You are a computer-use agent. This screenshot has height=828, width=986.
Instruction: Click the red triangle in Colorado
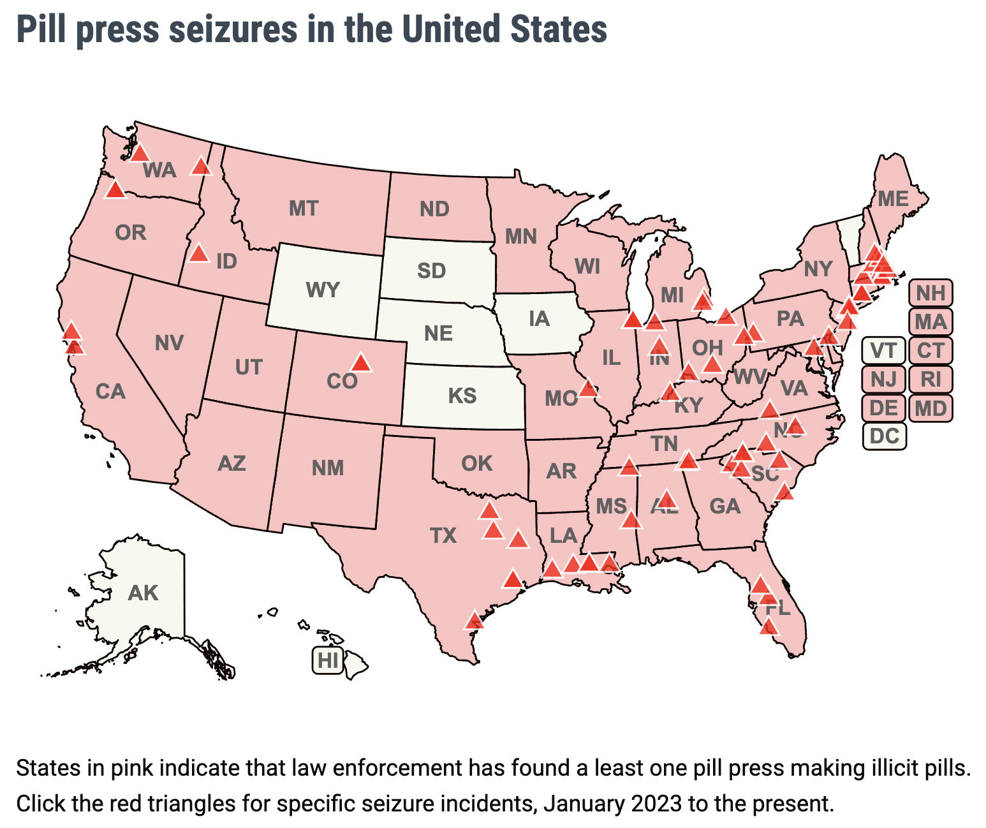click(361, 363)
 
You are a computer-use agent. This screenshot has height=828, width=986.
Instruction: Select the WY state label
click(323, 290)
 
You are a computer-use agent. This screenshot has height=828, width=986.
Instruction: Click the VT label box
click(883, 350)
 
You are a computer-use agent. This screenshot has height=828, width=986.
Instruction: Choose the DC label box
click(884, 436)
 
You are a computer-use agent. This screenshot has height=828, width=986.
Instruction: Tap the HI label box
click(328, 660)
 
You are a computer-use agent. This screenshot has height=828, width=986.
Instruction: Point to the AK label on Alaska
click(143, 593)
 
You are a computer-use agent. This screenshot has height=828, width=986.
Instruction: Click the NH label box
click(931, 293)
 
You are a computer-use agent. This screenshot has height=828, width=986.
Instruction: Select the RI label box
click(931, 379)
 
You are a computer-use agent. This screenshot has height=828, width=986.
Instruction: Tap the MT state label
click(304, 209)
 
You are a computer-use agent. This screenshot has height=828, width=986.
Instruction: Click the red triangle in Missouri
click(588, 388)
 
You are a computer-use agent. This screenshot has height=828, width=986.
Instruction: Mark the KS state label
click(462, 396)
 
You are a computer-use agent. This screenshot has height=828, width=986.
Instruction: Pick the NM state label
click(328, 468)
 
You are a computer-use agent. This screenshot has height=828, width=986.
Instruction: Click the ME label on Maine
click(893, 199)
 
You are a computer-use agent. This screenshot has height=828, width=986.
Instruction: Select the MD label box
click(931, 408)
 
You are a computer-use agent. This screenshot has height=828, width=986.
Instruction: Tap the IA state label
click(540, 318)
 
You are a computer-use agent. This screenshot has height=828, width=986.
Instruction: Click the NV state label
click(170, 343)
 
